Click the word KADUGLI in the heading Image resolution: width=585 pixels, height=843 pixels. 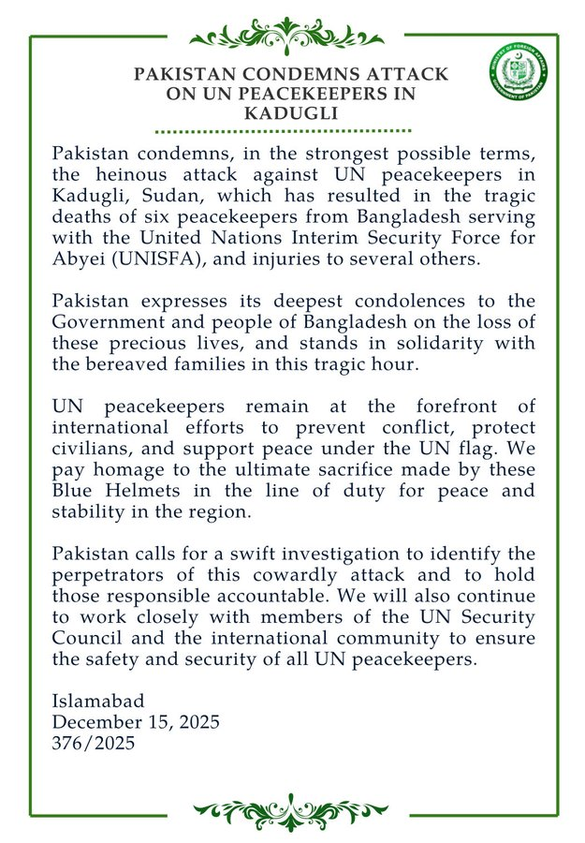291,112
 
